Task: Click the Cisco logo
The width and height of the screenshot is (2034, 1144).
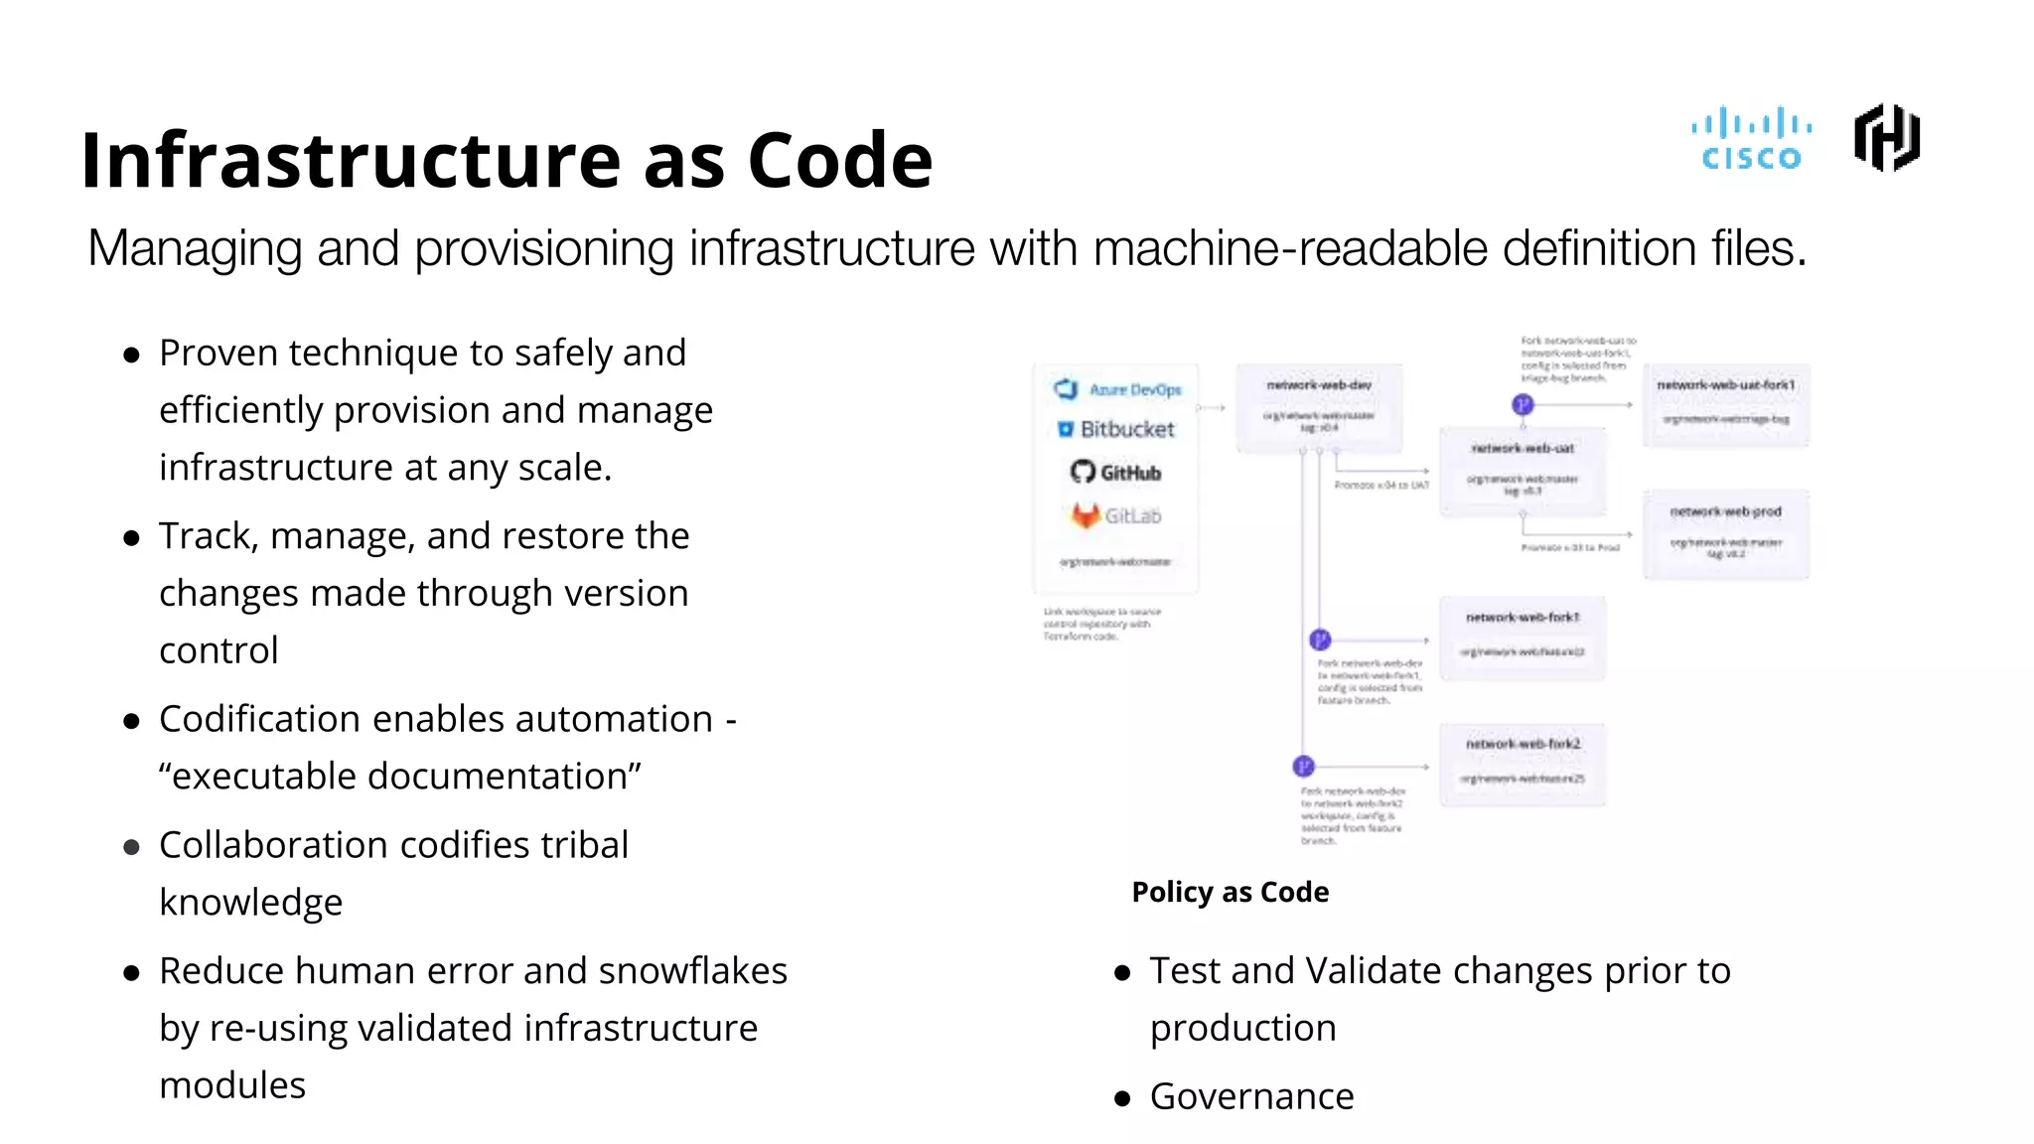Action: click(1751, 139)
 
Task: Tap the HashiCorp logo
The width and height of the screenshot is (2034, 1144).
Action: click(1886, 138)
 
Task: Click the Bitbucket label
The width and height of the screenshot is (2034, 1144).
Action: click(1126, 429)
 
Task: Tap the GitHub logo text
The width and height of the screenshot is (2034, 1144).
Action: click(1129, 473)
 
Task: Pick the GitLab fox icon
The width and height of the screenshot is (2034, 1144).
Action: click(1085, 514)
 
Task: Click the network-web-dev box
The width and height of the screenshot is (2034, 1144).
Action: click(1319, 408)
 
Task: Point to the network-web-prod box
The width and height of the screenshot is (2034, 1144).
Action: click(1726, 533)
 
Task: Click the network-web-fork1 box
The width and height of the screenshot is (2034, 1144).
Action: click(1523, 638)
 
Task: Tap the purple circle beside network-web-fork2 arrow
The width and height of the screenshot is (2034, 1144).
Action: click(1303, 766)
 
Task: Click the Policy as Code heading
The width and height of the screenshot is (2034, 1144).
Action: click(1230, 892)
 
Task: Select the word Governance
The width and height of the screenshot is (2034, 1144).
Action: click(1251, 1096)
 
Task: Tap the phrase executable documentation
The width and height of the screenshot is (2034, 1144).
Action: click(399, 777)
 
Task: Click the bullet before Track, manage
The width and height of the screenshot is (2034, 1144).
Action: click(131, 538)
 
